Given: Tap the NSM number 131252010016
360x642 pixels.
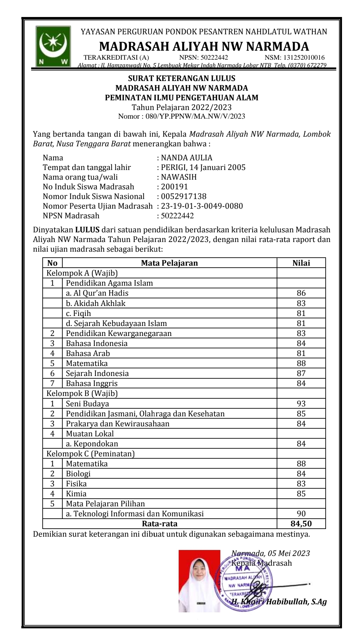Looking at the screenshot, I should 295,58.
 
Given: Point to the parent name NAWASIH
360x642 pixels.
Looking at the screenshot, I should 179,177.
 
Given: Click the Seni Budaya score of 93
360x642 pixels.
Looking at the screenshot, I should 301,404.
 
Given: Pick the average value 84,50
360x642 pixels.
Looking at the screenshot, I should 301,524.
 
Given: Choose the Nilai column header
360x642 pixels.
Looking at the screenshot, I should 301,263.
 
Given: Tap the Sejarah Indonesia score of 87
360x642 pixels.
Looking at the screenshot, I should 301,373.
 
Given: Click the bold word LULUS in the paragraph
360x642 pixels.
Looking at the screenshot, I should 87,230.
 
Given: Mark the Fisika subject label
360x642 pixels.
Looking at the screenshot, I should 76,484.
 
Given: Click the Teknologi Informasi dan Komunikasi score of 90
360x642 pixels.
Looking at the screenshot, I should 301,514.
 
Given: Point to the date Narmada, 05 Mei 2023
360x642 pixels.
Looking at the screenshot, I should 271,553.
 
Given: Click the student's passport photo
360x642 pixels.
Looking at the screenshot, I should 199,581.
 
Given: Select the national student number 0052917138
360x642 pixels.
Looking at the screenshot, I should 184,196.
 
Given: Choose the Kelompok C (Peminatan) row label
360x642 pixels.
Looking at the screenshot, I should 90,454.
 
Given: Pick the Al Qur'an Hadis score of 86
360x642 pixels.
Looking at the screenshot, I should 301,293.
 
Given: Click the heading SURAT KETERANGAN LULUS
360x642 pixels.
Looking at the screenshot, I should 182,79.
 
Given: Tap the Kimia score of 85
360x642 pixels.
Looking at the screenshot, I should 301,494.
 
